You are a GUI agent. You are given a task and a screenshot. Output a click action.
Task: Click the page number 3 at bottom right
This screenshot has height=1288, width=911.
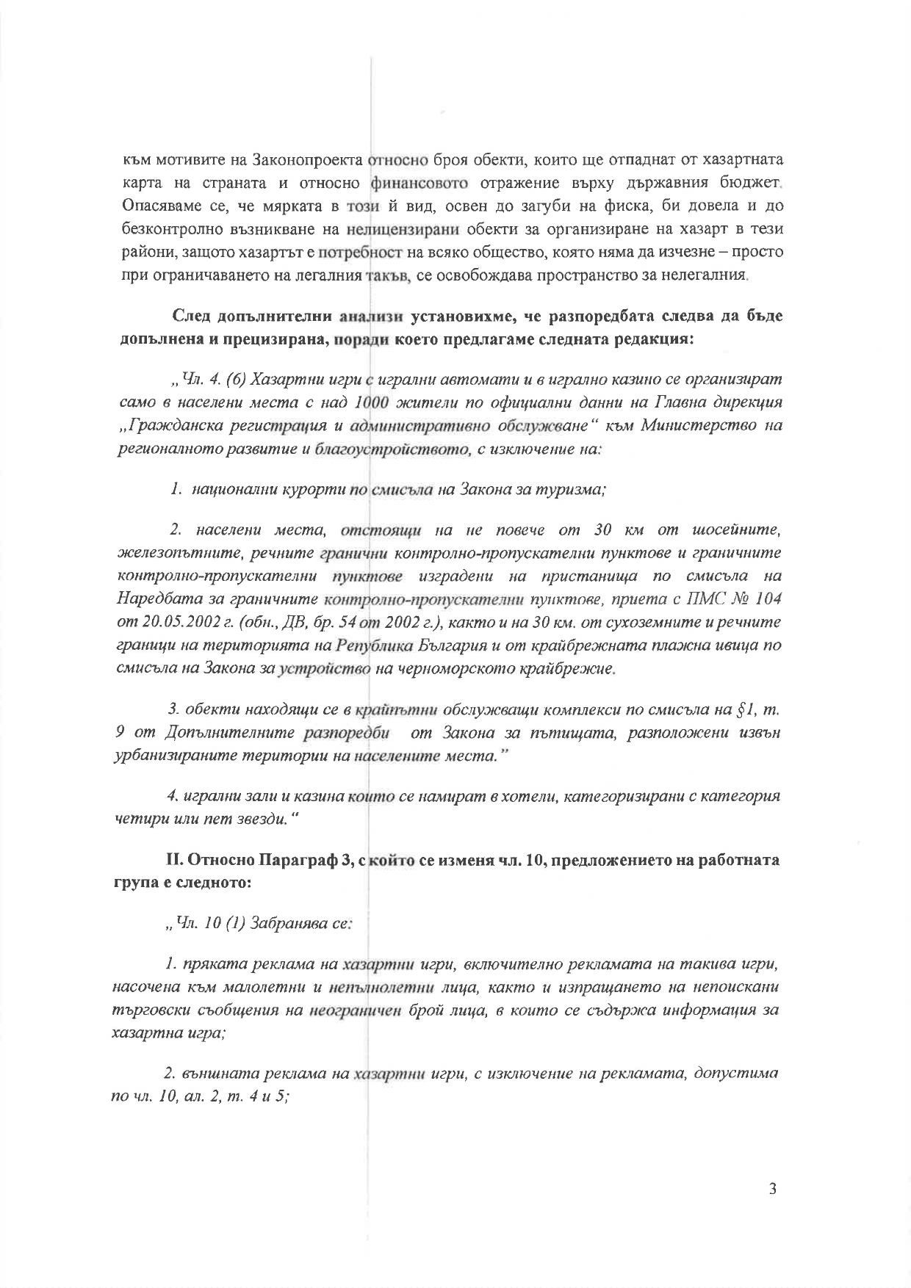tap(771, 1190)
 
